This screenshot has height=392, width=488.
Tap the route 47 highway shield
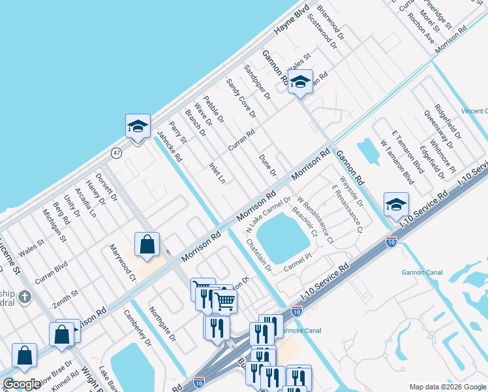tap(116, 153)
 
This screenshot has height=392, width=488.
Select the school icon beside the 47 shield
tap(138, 126)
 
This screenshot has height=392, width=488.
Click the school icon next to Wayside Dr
tap(396, 204)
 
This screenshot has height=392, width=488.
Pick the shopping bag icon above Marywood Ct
tap(147, 244)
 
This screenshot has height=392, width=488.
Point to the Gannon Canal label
tap(422, 272)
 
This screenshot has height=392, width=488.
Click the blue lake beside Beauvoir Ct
tap(282, 238)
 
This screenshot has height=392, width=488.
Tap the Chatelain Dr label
tap(259, 255)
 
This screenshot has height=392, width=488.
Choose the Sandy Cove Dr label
tap(240, 99)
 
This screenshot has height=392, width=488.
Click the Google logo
tap(22, 384)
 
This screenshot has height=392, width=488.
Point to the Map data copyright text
tap(447, 386)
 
